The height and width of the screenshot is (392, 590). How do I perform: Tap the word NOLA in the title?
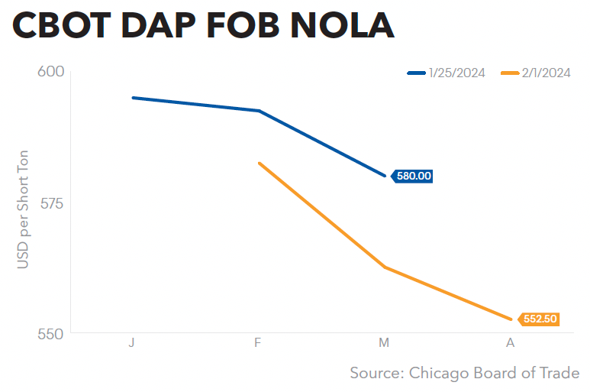point(342,26)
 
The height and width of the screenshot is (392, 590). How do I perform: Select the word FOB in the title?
point(243,26)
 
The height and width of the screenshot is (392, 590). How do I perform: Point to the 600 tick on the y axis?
point(51,71)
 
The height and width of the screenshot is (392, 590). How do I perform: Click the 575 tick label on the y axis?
point(52,204)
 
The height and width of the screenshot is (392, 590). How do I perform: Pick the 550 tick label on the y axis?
point(51,334)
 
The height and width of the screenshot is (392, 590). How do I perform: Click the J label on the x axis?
point(131,342)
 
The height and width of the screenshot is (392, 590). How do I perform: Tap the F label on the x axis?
point(257,342)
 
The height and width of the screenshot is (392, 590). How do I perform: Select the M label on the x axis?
point(384,342)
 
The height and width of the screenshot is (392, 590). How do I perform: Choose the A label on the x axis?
point(510,342)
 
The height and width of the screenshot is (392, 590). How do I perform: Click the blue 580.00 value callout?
point(412,176)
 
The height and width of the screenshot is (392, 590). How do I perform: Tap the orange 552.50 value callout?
point(539,319)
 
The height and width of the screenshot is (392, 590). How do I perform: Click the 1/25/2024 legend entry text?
point(456,73)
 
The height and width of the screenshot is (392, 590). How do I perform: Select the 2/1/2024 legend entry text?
point(546,73)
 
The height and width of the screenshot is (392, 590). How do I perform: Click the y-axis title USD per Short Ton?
point(23,209)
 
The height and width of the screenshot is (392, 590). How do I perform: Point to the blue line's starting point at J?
point(133,98)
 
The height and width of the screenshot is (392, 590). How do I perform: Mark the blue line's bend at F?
point(259,111)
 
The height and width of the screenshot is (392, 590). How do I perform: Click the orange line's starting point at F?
point(259,163)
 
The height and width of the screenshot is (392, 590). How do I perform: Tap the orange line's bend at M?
point(385,267)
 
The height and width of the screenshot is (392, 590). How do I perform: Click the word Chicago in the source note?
point(439,373)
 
